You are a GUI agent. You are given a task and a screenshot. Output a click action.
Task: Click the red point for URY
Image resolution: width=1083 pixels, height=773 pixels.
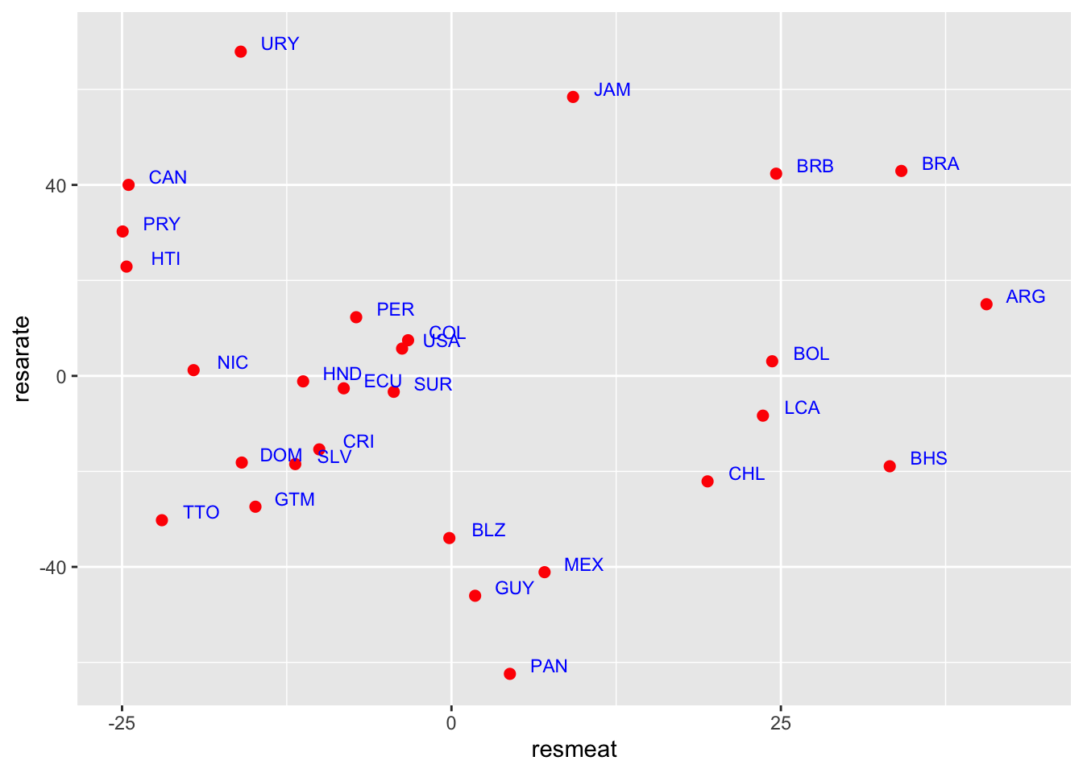[240, 52]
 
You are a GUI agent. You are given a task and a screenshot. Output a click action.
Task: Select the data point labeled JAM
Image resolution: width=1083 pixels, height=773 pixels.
[573, 97]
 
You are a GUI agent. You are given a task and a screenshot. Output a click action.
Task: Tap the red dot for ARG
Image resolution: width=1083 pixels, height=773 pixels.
[986, 304]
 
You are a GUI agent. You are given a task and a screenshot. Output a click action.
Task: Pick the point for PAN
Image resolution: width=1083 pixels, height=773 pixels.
[509, 674]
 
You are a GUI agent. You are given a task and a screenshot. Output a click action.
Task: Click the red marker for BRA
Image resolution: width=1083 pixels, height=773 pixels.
[901, 172]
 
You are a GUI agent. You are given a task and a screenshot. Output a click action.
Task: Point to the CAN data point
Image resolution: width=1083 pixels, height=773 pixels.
[128, 185]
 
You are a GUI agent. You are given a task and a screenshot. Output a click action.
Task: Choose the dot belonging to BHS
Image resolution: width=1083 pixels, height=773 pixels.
[890, 466]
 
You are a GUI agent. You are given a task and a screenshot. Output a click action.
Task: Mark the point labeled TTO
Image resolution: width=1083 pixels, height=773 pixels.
[162, 520]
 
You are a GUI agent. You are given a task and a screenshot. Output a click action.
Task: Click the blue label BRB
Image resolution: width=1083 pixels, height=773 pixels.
[815, 167]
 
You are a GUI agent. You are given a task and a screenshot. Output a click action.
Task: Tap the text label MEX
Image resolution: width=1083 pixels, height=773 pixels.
[583, 565]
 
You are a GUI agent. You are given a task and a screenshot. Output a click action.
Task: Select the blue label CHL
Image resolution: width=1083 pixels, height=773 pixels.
[746, 474]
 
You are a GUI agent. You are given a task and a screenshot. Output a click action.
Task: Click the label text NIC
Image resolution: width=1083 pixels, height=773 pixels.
[232, 363]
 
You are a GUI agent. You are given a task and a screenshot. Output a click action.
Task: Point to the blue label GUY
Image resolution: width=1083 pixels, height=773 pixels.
[514, 589]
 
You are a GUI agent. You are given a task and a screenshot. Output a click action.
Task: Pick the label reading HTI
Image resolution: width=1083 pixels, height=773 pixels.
[165, 259]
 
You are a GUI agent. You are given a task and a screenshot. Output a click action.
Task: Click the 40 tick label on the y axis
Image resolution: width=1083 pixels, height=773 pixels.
[56, 186]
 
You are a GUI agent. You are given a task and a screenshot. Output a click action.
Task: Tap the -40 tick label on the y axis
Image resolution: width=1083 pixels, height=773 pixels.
[52, 568]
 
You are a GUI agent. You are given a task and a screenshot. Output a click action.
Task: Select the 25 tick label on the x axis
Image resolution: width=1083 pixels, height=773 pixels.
[780, 724]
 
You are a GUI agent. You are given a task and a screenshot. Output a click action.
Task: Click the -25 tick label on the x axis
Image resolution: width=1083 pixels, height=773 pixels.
[122, 724]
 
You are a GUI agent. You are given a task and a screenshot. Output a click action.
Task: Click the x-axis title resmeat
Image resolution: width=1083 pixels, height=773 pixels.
[574, 750]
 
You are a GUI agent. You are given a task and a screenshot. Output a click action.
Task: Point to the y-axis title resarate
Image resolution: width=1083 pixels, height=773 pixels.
[22, 358]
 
